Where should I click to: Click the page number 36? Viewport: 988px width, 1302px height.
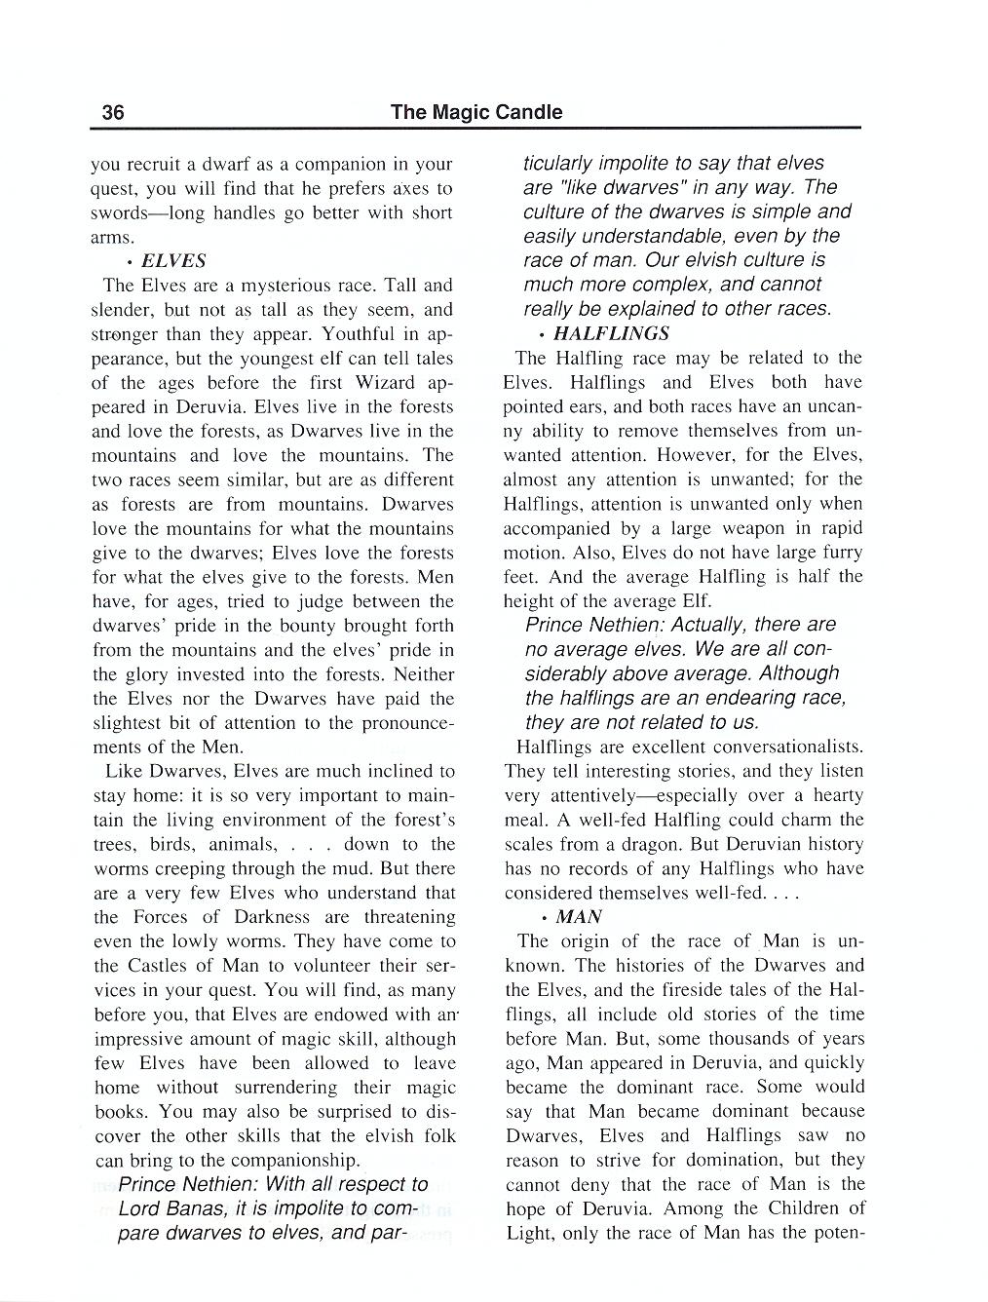click(113, 112)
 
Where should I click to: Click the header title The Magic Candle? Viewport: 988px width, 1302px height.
click(475, 112)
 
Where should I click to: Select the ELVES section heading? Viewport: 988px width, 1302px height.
click(173, 261)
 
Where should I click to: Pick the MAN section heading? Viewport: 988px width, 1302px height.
click(579, 917)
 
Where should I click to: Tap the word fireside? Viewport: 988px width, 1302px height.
click(697, 990)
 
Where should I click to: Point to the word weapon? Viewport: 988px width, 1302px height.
click(732, 528)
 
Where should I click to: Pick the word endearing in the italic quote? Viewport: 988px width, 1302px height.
click(750, 698)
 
